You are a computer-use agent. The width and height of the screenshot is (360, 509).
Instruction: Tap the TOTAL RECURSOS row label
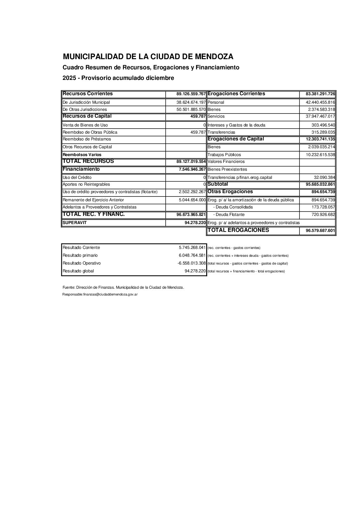(88, 161)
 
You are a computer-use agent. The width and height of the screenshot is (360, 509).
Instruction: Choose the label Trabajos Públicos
(224, 155)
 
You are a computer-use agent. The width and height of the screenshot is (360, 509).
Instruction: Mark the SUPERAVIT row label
(75, 222)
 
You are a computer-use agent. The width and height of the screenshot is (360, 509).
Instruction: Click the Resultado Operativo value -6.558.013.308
(192, 263)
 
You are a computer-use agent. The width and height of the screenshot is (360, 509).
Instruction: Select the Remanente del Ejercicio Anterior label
(93, 200)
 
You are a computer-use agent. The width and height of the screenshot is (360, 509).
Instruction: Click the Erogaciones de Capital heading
(235, 139)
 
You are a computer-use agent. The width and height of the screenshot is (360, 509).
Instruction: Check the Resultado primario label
(80, 255)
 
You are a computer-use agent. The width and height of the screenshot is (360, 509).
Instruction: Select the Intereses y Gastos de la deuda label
(236, 125)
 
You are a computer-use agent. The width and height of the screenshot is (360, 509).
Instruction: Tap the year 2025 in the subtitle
(69, 78)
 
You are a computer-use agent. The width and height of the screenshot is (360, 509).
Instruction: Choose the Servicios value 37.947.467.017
(318, 116)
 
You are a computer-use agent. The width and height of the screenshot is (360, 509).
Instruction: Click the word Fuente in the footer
(68, 287)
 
